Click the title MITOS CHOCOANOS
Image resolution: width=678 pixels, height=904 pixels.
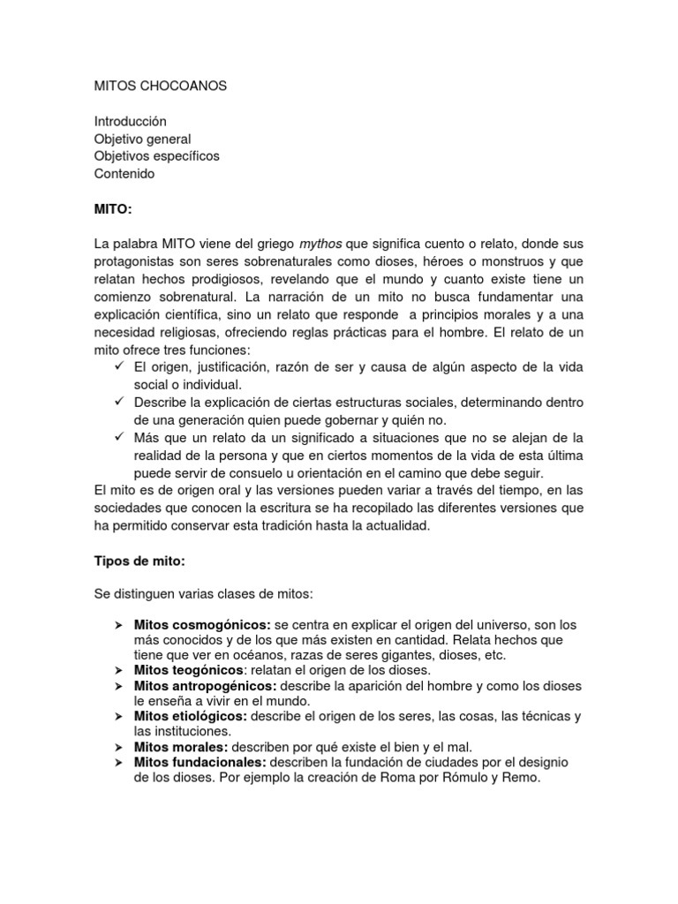coord(160,87)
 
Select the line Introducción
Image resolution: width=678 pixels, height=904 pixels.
coord(130,121)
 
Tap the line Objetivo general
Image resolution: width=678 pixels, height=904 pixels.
coord(142,139)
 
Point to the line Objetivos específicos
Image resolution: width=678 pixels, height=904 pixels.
coord(156,156)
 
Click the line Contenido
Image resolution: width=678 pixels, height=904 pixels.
coord(124,174)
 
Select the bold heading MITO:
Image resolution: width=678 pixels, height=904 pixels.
coord(112,208)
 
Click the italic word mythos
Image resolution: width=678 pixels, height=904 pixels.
coord(322,244)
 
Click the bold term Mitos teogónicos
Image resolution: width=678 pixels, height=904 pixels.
coord(188,670)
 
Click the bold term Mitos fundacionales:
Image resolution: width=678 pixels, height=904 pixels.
coord(200,762)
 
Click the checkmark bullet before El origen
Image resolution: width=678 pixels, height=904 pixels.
coord(121,366)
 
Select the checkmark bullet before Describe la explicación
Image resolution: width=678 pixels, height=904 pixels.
coord(121,401)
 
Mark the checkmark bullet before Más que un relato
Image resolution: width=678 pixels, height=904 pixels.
coord(121,436)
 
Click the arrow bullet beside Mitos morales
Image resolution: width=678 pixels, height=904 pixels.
coord(118,747)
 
